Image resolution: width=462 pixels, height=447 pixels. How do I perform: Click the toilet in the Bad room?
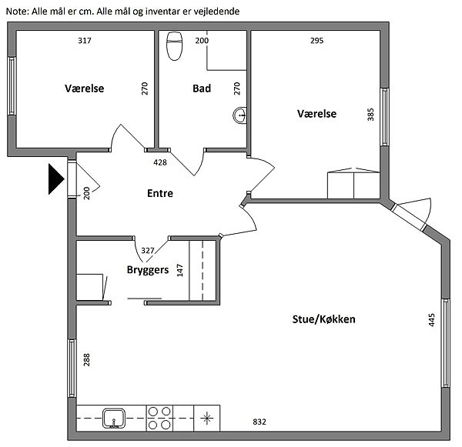click(175, 46)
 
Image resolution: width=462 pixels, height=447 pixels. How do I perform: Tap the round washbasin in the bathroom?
click(239, 115)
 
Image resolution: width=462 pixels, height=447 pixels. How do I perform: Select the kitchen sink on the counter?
click(114, 418)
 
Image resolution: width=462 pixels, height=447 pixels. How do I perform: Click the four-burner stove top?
click(159, 418)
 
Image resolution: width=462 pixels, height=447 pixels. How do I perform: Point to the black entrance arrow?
click(56, 179)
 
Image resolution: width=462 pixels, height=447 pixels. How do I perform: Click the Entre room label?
click(160, 193)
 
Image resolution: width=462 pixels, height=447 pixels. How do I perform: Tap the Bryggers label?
click(148, 270)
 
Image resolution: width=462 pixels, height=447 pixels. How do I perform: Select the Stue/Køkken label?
click(323, 319)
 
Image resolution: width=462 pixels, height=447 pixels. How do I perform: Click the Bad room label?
click(202, 88)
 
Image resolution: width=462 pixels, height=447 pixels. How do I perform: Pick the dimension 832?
click(259, 422)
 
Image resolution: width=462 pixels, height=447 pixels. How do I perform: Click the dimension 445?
click(431, 320)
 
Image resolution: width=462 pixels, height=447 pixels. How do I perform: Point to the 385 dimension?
click(370, 115)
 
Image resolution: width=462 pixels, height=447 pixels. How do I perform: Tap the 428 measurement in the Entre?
click(160, 162)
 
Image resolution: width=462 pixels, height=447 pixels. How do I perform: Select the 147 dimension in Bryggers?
click(179, 270)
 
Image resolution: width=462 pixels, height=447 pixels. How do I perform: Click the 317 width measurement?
click(85, 40)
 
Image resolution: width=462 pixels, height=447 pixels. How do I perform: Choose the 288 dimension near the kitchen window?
click(86, 359)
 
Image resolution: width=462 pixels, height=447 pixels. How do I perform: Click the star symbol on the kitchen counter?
click(207, 418)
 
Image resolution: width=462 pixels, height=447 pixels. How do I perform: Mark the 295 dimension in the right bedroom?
click(316, 40)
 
